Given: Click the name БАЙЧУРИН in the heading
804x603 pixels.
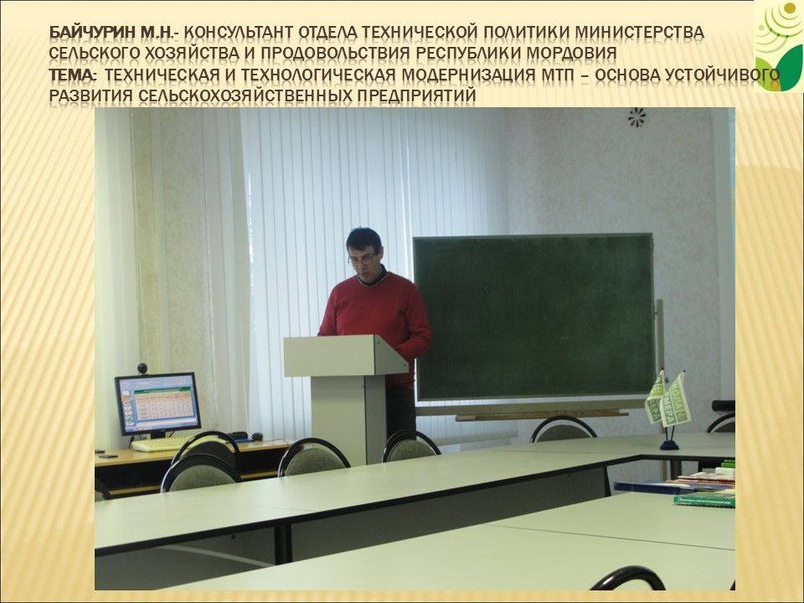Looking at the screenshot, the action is point(90,33).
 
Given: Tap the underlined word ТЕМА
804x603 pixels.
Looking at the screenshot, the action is point(72,75).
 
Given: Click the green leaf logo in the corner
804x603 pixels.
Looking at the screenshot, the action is point(777,47).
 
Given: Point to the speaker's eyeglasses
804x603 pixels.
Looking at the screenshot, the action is point(362,259).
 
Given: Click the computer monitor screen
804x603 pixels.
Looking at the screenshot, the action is point(157,404).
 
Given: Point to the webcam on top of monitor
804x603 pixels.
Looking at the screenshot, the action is point(142,368).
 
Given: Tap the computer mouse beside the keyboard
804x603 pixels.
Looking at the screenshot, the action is point(257,436).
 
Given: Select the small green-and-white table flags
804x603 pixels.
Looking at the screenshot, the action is point(667,399).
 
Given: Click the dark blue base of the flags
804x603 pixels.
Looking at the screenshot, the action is point(669,444).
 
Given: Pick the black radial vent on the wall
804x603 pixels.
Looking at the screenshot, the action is point(636,117).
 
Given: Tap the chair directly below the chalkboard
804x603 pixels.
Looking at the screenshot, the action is point(563,430).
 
